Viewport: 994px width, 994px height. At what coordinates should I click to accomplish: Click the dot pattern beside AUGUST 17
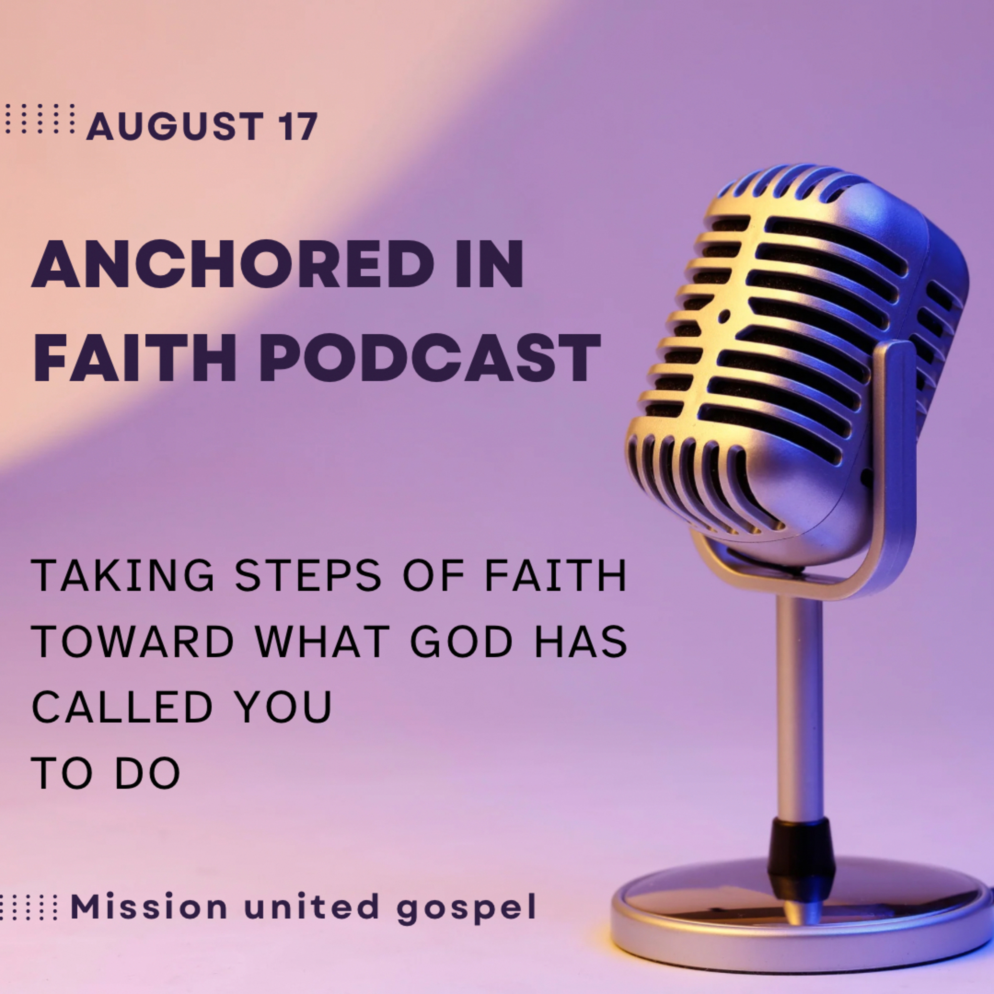[40, 118]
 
